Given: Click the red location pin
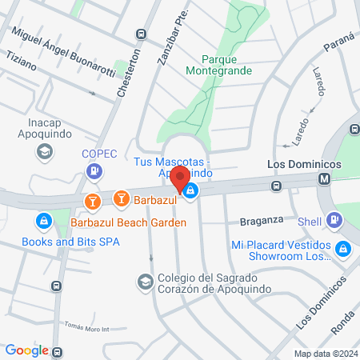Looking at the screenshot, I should tap(181, 178).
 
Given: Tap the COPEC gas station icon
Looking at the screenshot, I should tap(94, 170).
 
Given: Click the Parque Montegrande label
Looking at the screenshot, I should tap(226, 65).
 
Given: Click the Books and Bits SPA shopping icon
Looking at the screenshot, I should tap(43, 220).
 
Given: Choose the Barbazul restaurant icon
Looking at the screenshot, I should tap(122, 197).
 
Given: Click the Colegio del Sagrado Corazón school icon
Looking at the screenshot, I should tap(144, 282).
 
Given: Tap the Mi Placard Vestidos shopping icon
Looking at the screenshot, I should tap(343, 249).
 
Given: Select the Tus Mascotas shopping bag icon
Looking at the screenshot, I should tap(191, 190).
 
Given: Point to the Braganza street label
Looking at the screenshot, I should tap(262, 219).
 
